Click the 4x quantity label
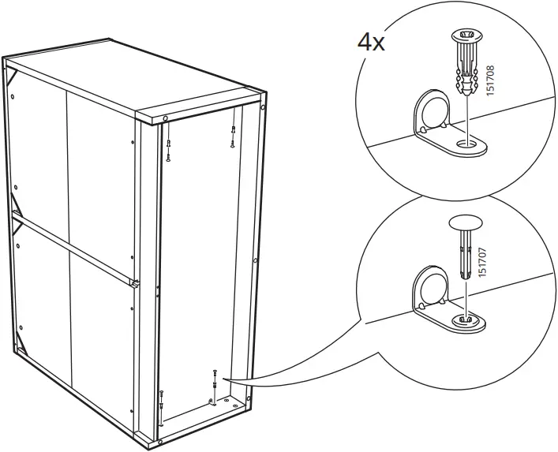[x=371, y=43]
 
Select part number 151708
[x=491, y=80]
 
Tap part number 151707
[x=482, y=263]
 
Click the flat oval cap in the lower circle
[x=466, y=223]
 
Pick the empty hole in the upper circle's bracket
[x=466, y=144]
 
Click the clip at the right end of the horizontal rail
[x=135, y=283]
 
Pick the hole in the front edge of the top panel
[x=165, y=118]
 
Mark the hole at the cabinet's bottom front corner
[x=161, y=442]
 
